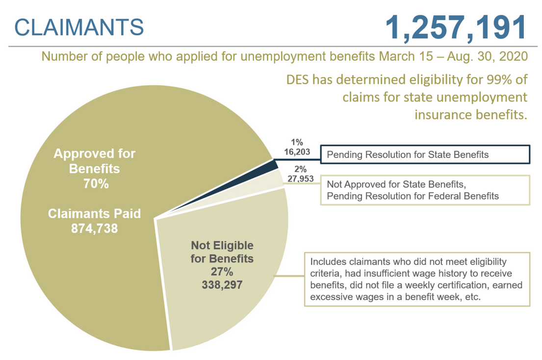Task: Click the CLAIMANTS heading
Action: click(79, 27)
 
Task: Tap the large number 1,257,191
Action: click(456, 27)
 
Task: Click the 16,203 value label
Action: click(297, 152)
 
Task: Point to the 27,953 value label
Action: click(300, 179)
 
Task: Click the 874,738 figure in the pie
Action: click(94, 229)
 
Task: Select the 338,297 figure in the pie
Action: click(222, 284)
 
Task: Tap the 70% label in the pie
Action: click(96, 184)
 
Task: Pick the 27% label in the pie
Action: click(222, 272)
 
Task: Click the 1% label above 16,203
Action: click(297, 142)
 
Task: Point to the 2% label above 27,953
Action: click(300, 169)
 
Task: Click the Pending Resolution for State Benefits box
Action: click(425, 154)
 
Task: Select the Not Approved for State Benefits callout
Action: click(425, 190)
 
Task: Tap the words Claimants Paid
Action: click(94, 213)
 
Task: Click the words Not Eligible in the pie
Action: click(222, 245)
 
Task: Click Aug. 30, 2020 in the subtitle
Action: click(488, 56)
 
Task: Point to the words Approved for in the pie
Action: click(94, 154)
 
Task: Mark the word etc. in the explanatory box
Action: click(472, 297)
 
